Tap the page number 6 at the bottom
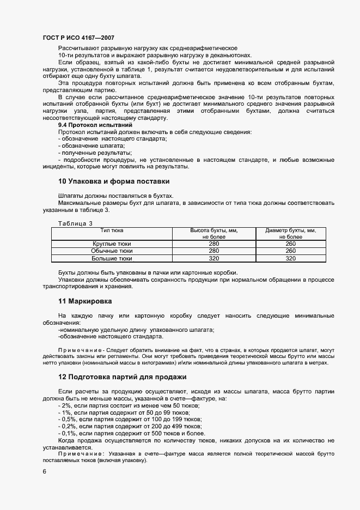pyautogui.click(x=44, y=472)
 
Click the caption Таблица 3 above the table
pyautogui.click(x=75, y=223)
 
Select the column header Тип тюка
pyautogui.click(x=112, y=230)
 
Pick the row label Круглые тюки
pyautogui.click(x=112, y=244)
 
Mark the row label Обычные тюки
pyautogui.click(x=112, y=251)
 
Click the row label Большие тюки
pyautogui.click(x=112, y=258)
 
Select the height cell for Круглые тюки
pyautogui.click(x=214, y=244)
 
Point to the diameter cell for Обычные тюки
pyautogui.click(x=291, y=251)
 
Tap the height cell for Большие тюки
pyautogui.click(x=214, y=258)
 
